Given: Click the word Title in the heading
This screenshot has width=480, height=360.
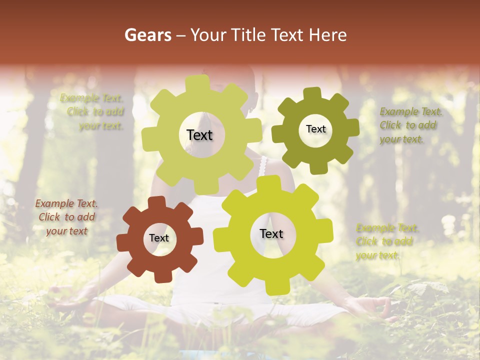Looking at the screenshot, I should tap(249, 35).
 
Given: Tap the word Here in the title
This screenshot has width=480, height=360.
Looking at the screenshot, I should tap(327, 35).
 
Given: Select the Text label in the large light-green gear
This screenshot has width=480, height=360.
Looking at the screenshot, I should tap(199, 135).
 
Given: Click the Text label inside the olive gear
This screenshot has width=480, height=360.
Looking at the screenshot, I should tap(315, 129).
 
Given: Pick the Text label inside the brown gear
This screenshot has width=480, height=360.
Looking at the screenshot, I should tap(159, 238).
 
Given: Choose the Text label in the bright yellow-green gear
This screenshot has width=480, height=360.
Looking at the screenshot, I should tap(271, 233).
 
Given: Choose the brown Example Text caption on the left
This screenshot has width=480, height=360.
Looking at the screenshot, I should tap(66, 217).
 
